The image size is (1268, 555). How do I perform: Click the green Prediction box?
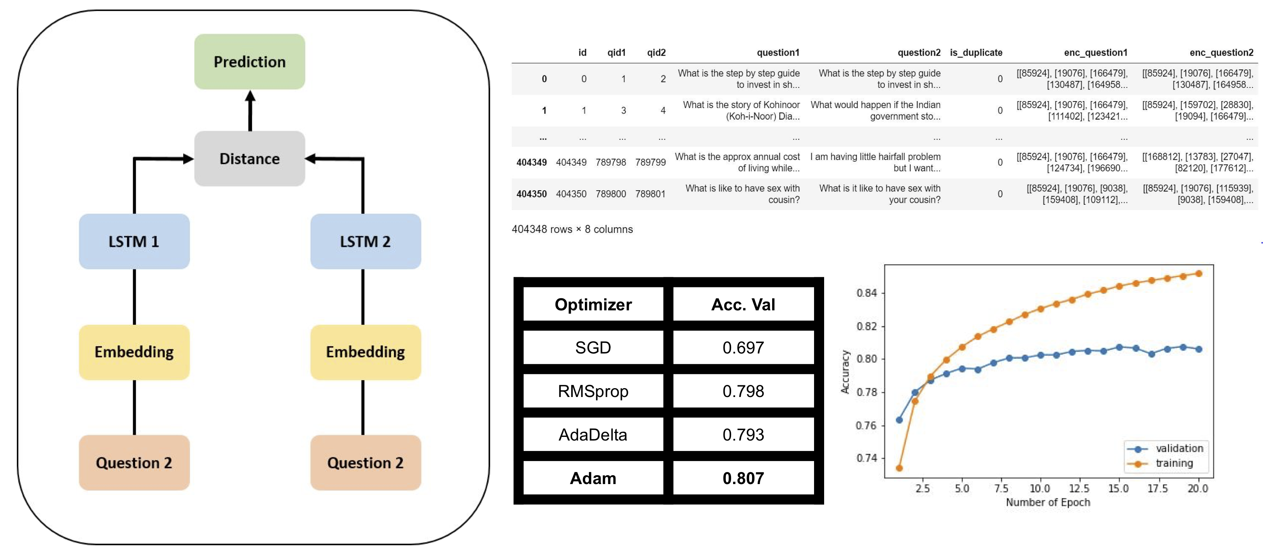point(250,62)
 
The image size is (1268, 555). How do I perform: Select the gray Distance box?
point(250,158)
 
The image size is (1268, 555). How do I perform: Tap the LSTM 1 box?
point(134,241)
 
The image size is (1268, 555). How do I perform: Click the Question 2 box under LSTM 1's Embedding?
point(134,462)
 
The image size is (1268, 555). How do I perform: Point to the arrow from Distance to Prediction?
point(250,110)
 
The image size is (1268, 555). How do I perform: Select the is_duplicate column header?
point(976,53)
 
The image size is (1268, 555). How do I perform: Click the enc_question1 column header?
point(1096,53)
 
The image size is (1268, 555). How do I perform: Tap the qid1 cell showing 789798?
point(611,162)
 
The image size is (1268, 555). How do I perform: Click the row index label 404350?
point(532,194)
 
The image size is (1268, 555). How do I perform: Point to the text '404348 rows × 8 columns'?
point(572,229)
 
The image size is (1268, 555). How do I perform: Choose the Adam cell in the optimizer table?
point(593,478)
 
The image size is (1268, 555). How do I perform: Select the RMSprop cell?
point(593,391)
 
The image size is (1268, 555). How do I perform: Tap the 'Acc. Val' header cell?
point(743,304)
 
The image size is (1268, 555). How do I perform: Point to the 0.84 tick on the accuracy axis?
point(867,293)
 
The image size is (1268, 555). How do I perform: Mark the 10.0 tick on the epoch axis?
point(1040,488)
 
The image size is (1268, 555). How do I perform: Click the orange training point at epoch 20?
point(1199,273)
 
